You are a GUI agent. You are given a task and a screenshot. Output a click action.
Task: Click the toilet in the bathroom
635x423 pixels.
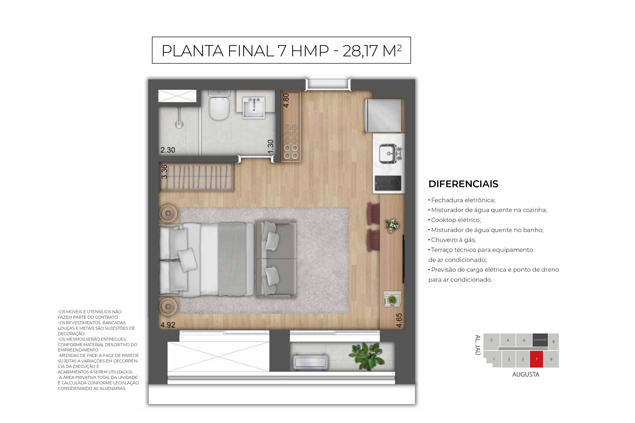[219, 106]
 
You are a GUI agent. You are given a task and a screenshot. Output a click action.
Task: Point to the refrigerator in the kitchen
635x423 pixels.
[383, 115]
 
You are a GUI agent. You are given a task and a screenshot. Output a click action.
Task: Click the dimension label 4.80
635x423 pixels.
[286, 100]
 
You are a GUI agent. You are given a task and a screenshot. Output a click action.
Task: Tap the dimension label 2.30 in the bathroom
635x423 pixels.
[168, 150]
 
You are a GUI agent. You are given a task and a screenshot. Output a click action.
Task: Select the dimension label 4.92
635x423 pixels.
[168, 325]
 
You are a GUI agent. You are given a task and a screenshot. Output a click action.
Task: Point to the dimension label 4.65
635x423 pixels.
[399, 321]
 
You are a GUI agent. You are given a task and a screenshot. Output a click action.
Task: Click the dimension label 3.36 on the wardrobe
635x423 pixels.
[164, 172]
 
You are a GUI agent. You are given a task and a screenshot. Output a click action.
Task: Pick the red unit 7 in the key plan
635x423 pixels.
[536, 359]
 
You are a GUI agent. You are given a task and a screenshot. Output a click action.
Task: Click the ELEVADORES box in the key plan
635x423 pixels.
[540, 340]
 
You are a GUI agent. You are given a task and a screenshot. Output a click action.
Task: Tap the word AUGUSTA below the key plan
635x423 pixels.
[526, 374]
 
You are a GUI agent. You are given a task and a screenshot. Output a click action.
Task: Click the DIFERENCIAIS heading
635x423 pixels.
[463, 184]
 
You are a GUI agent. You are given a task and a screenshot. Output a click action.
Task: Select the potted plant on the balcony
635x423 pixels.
[366, 356]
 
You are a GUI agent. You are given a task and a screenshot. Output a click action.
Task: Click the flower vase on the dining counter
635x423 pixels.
[392, 226]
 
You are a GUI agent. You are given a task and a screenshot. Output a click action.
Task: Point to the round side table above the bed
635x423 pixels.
[168, 213]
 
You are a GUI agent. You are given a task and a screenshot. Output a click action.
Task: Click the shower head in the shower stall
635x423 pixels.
[179, 124]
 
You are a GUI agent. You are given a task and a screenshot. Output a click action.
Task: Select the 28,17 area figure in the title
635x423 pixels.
[360, 51]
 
